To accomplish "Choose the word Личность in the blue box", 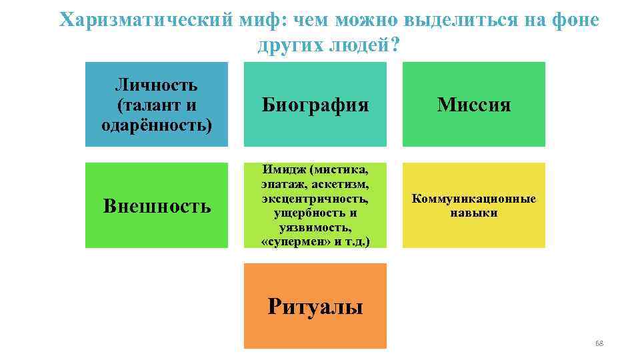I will pyautogui.click(x=156, y=85).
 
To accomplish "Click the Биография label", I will pyautogui.click(x=315, y=105).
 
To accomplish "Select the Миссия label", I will pyautogui.click(x=474, y=105).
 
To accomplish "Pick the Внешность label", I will pyautogui.click(x=157, y=206).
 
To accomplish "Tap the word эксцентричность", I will pyautogui.click(x=315, y=199).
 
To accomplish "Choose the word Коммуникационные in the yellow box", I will pyautogui.click(x=474, y=199).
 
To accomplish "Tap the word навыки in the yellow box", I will pyautogui.click(x=474, y=213).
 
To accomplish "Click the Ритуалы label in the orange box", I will pyautogui.click(x=315, y=307).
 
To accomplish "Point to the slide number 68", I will pyautogui.click(x=598, y=343).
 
